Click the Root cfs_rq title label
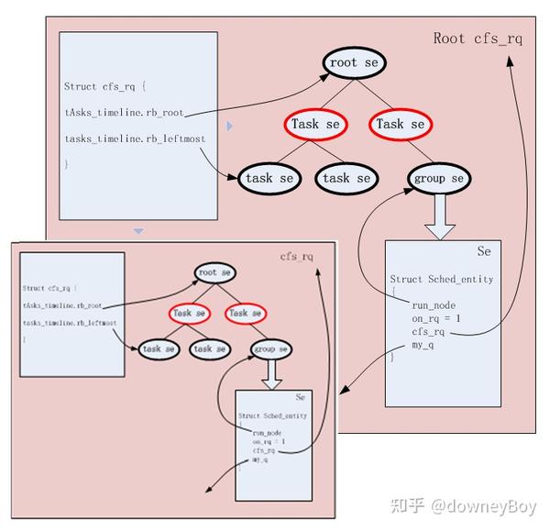point(478,39)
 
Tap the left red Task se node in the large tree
point(315,124)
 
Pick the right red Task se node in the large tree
point(401,124)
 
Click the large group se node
point(439,178)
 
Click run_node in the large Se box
point(434,304)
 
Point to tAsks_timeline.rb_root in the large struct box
point(124,113)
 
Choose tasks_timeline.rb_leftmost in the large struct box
point(135,138)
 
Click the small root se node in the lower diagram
point(215,272)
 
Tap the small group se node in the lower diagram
point(271,349)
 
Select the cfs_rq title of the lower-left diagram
point(297,257)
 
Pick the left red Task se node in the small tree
point(189,313)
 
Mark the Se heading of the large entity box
point(484,251)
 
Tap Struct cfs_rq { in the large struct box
point(105,86)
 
